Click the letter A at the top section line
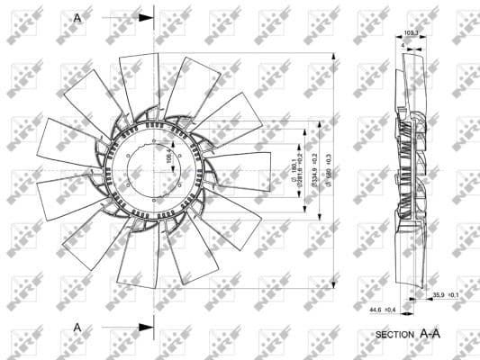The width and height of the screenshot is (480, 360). coord(77,17)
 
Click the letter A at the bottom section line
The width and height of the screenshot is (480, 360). coord(77,327)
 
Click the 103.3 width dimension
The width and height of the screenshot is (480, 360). coord(412,34)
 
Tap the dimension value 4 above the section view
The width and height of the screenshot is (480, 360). coord(401,44)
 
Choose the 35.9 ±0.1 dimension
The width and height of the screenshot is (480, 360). coord(447,295)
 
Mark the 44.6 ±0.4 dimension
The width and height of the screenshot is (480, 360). coord(382,310)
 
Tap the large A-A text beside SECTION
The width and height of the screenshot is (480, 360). coord(430,333)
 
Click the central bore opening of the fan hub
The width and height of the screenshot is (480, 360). coord(155,168)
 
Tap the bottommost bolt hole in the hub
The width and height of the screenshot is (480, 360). coord(155,195)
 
